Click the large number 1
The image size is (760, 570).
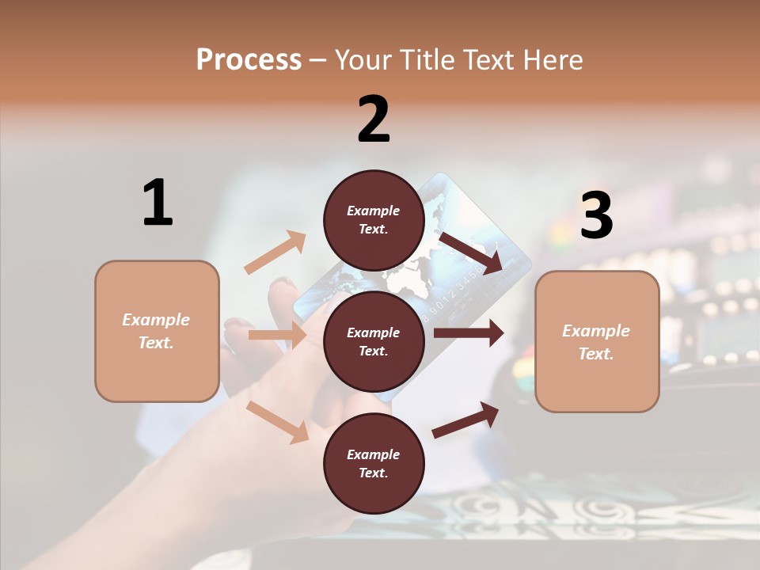(158, 203)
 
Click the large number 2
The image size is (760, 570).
(374, 120)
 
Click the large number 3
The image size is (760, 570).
(596, 216)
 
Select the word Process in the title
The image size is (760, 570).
(249, 59)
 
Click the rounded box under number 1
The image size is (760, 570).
(157, 331)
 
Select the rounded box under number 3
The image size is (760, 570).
(597, 342)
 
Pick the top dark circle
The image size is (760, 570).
(374, 220)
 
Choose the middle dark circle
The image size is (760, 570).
(374, 341)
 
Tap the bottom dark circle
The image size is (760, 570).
(374, 463)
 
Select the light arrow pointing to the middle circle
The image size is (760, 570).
(277, 335)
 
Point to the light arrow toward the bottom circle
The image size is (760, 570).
(278, 421)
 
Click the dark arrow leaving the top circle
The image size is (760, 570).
(470, 253)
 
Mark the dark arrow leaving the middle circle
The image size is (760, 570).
(469, 332)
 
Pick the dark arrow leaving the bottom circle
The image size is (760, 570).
(466, 420)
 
